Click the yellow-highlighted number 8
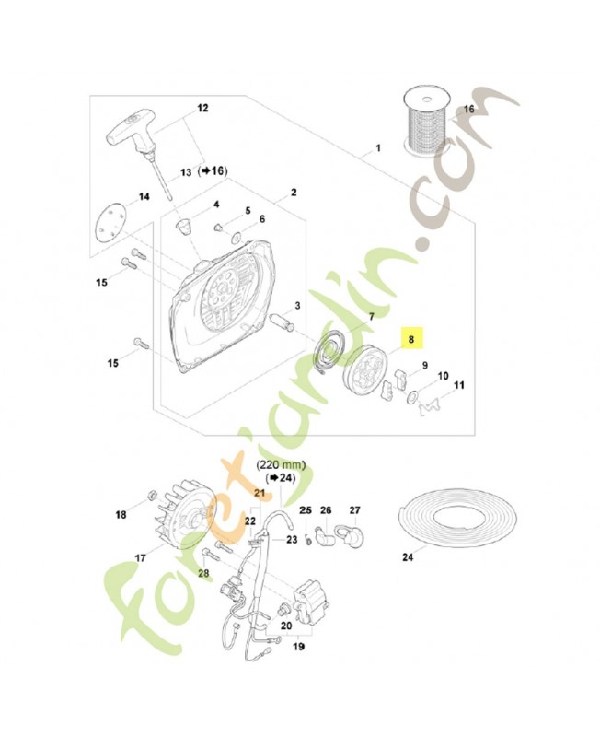[x=412, y=339]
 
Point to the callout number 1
[x=377, y=148]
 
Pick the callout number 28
[x=202, y=573]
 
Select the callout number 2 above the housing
[x=294, y=193]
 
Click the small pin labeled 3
[x=282, y=324]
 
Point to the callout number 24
[x=408, y=557]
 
